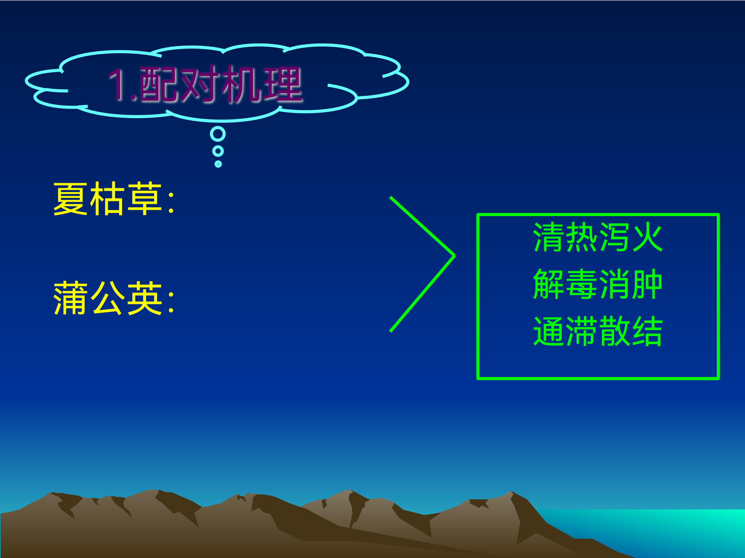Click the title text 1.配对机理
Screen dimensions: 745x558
(x=205, y=85)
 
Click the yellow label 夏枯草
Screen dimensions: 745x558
(x=108, y=199)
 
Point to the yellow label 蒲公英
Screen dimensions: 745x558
(x=108, y=298)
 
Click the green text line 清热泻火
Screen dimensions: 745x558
(x=598, y=237)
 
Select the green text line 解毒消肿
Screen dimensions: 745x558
(x=598, y=284)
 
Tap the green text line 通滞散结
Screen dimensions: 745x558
(x=598, y=331)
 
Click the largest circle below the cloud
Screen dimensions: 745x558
(x=218, y=134)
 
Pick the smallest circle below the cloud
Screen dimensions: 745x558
(x=218, y=164)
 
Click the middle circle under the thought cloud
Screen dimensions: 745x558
(x=218, y=151)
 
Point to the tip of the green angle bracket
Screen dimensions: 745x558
(x=454, y=255)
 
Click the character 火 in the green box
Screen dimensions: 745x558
(x=647, y=237)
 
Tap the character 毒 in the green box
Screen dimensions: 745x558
(x=581, y=284)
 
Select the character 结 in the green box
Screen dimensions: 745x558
(x=647, y=331)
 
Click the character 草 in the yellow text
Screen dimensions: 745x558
(x=144, y=199)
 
